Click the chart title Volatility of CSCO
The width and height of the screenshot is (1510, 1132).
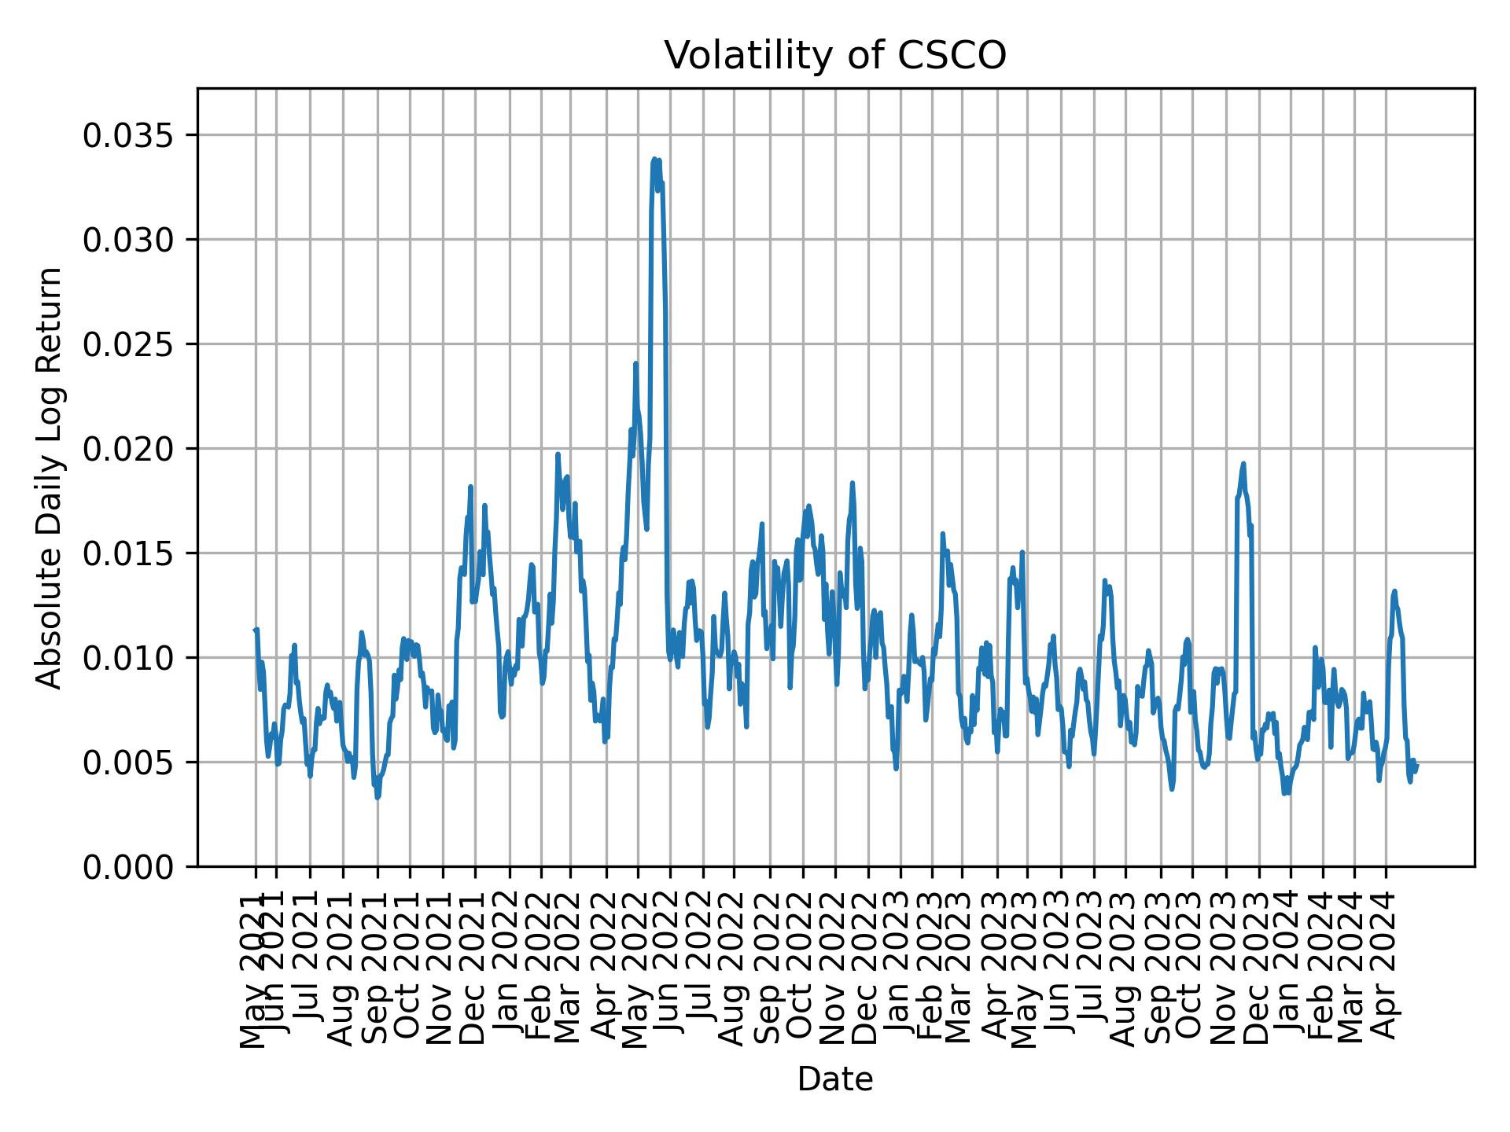835,56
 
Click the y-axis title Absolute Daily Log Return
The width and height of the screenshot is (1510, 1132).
50,477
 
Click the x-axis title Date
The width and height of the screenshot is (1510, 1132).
835,1079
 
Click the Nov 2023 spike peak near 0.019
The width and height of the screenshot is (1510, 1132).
1243,464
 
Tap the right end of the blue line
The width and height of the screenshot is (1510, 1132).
1417,763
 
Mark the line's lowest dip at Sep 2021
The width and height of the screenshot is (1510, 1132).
377,797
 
